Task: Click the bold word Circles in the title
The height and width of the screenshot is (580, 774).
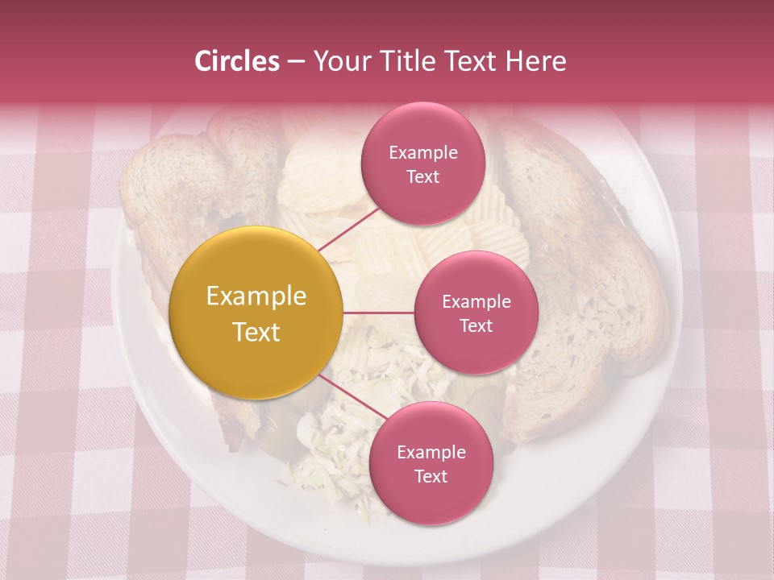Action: (x=236, y=61)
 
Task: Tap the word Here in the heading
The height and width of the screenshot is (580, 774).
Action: (x=536, y=61)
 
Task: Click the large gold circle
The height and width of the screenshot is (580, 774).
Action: (x=256, y=313)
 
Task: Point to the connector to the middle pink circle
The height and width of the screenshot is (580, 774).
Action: (x=379, y=312)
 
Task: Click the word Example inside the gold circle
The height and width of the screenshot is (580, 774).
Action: (x=256, y=296)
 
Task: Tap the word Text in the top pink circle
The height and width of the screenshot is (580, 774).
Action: (x=422, y=176)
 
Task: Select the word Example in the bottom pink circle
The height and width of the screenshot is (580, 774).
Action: (x=431, y=452)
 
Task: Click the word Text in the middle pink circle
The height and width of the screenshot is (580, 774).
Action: (x=476, y=325)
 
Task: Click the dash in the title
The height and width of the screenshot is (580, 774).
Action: (x=296, y=61)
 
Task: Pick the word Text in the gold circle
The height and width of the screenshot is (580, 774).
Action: (x=256, y=332)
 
